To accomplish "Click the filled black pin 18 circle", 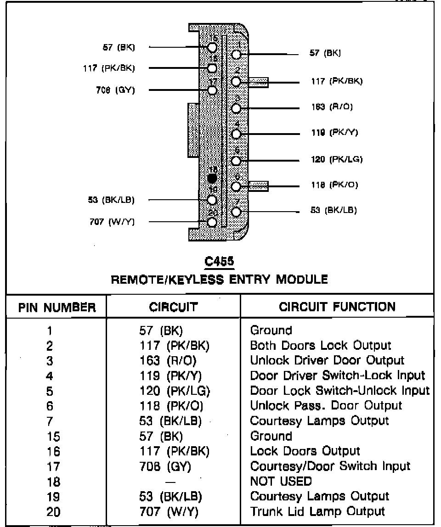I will [x=212, y=178].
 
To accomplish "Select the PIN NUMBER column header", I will [x=57, y=307].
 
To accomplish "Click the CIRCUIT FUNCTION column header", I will [x=337, y=307].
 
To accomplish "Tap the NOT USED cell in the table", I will [x=281, y=482].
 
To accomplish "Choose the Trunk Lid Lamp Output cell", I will [x=317, y=511].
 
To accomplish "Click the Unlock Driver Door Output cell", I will [x=327, y=361].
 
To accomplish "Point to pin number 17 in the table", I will [x=53, y=467].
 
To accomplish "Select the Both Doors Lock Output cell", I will [x=321, y=346].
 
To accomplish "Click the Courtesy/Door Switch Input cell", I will [x=330, y=466].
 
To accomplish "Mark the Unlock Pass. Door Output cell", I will [x=326, y=406].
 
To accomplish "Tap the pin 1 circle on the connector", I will [x=236, y=55].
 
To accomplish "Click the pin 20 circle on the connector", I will [x=212, y=223].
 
